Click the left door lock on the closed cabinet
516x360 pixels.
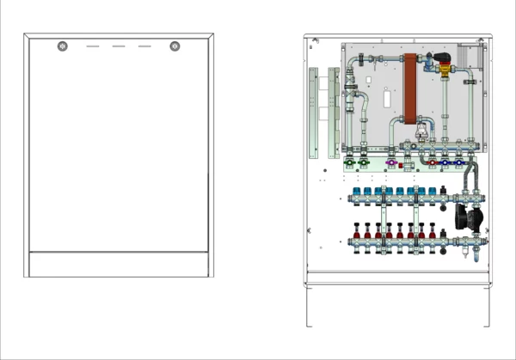(62, 46)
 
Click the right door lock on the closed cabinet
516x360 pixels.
(175, 46)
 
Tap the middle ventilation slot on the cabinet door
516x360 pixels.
(119, 46)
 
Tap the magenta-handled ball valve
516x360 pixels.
(392, 162)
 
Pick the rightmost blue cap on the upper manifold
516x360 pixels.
(433, 191)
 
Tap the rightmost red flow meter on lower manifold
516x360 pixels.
(433, 231)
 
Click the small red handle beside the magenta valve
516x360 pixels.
(405, 161)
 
